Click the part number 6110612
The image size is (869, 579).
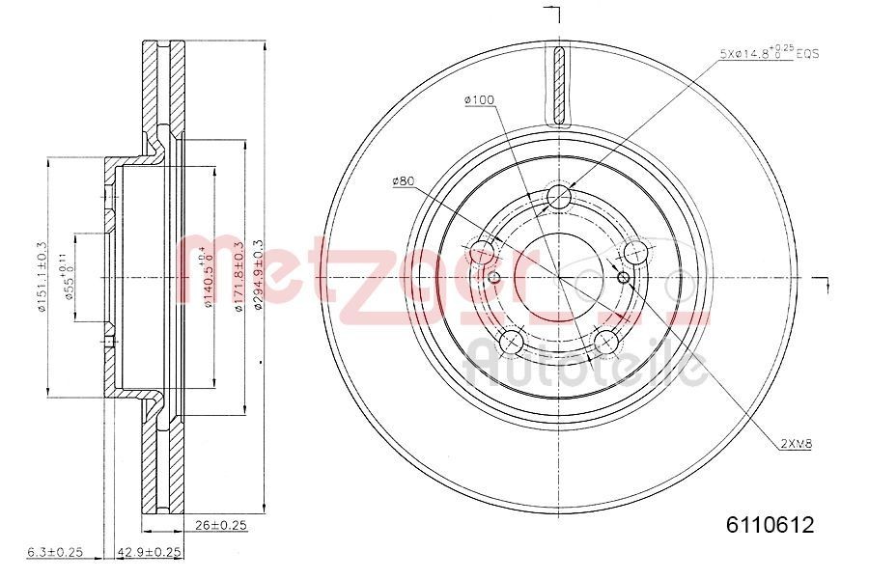(x=771, y=526)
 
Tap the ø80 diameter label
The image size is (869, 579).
(x=404, y=180)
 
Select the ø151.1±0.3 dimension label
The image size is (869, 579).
(x=42, y=277)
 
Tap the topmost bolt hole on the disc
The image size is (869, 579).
(x=559, y=198)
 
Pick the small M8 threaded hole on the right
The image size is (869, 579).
(x=623, y=279)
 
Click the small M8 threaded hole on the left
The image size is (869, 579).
(x=494, y=279)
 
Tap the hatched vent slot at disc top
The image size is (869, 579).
(x=559, y=88)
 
